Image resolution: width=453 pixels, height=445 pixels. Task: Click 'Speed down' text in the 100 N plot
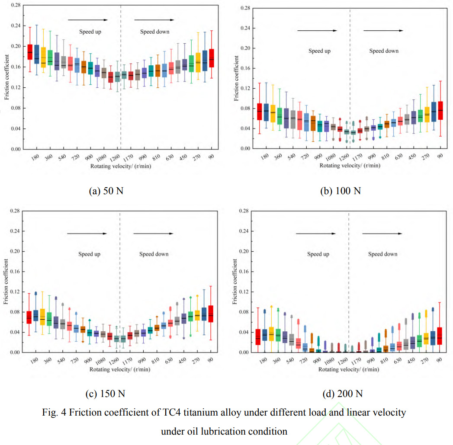[x=384, y=51]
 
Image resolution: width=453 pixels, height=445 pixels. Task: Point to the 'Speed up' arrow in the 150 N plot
[x=87, y=234]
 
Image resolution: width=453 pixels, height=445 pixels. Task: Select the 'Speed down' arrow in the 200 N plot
[x=383, y=234]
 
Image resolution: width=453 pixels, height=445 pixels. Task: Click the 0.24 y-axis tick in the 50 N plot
[x=16, y=26]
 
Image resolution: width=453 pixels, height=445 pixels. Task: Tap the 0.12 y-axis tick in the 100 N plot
[x=244, y=88]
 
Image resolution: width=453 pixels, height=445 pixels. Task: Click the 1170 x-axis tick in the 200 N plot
[x=356, y=361]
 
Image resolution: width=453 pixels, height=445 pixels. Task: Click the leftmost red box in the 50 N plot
[x=30, y=52]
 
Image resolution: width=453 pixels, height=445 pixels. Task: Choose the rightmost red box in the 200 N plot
[x=440, y=336]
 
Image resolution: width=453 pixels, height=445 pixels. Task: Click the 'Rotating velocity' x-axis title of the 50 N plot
[x=120, y=166]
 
